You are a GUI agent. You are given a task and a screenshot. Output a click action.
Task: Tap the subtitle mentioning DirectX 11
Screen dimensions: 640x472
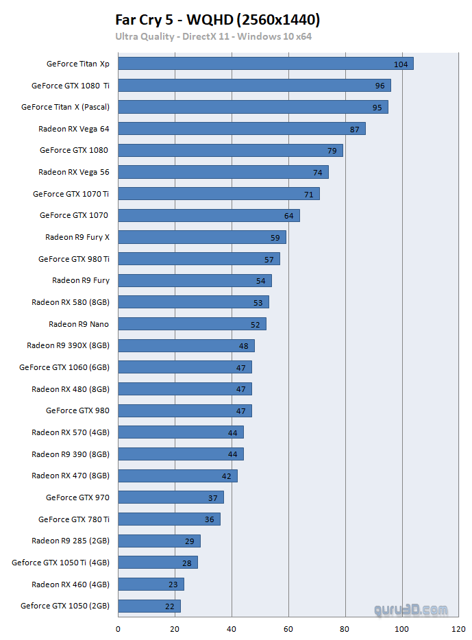tap(213, 36)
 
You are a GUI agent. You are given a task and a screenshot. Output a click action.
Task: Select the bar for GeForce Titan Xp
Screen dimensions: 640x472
tap(266, 64)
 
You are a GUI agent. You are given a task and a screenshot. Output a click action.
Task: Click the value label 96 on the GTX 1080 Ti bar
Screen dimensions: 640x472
tap(380, 86)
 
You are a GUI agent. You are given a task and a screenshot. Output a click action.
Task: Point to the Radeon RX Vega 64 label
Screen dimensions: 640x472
tap(74, 128)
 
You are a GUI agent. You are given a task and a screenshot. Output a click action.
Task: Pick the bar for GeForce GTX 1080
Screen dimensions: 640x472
tap(230, 150)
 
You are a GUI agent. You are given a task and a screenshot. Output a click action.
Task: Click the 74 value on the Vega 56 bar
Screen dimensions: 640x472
tap(318, 172)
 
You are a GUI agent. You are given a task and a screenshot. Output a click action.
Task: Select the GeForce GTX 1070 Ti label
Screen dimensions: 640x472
tap(71, 194)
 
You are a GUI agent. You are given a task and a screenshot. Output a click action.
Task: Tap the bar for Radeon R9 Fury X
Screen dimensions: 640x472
tap(202, 237)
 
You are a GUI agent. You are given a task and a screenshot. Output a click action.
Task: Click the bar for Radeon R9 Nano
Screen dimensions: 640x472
tap(192, 324)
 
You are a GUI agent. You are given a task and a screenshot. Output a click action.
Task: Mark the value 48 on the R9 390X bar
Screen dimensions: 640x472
tap(244, 346)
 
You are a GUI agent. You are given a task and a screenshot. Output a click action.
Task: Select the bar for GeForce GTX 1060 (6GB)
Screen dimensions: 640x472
tap(185, 367)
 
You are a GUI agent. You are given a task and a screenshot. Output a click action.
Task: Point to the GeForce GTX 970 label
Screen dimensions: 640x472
tap(77, 497)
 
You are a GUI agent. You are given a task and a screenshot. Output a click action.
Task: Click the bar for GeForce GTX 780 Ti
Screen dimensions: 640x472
tap(169, 519)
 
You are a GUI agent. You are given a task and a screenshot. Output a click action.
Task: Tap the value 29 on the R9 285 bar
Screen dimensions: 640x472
tap(190, 541)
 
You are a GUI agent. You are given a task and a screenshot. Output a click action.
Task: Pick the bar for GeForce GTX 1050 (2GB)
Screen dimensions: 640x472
tap(149, 606)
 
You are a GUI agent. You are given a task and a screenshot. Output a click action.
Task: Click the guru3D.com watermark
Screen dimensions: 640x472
tap(411, 609)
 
